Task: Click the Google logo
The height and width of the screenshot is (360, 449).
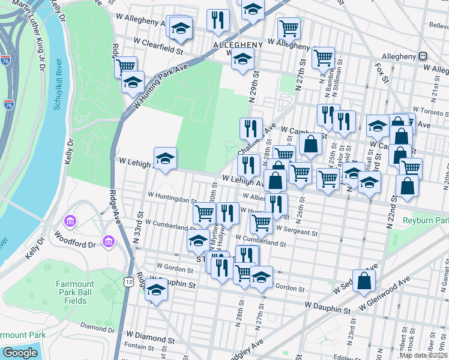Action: (x=20, y=353)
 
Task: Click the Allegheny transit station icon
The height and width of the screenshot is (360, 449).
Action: (x=423, y=56)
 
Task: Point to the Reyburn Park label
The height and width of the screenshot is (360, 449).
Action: (x=426, y=221)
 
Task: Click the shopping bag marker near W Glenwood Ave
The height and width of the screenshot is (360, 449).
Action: (x=364, y=280)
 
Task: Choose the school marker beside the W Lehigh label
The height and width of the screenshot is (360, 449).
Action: (x=165, y=158)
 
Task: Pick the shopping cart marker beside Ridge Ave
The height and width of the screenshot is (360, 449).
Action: (x=125, y=67)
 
